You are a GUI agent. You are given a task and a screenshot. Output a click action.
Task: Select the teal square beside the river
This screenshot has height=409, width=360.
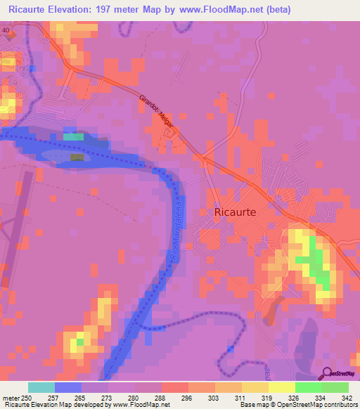pyautogui.click(x=73, y=137)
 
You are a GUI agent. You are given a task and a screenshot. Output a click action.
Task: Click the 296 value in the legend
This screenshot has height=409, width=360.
pyautogui.click(x=188, y=398)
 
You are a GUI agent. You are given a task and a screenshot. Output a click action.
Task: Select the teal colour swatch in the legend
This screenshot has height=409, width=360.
pyautogui.click(x=41, y=387)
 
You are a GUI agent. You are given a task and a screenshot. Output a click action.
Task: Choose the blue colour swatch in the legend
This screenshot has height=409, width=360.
pyautogui.click(x=68, y=387)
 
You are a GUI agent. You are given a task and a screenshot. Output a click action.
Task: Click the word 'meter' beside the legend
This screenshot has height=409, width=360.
pyautogui.click(x=11, y=398)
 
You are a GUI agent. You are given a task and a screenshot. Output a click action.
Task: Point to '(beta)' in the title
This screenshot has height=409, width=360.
pyautogui.click(x=275, y=10)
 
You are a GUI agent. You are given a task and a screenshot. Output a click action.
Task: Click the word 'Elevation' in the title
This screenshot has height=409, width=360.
pyautogui.click(x=71, y=10)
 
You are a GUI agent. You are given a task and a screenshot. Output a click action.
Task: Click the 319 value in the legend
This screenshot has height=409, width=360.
pyautogui.click(x=267, y=398)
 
